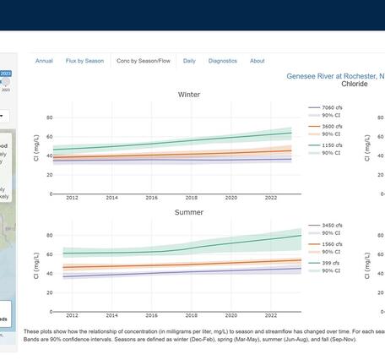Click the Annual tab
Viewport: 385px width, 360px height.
pos(44,61)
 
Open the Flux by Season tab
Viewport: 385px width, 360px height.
pos(84,61)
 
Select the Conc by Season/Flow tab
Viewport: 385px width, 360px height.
pos(143,61)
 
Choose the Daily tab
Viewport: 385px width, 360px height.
pos(189,61)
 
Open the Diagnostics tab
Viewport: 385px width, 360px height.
pos(223,61)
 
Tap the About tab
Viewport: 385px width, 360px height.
pos(258,61)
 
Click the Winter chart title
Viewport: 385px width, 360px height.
pos(189,95)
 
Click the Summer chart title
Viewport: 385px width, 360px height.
pos(189,212)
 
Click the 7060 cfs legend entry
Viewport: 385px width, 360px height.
pos(332,108)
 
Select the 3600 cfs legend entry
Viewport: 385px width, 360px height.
pos(332,127)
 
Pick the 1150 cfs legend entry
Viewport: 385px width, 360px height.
pos(332,145)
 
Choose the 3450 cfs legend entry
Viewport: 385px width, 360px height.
pos(332,226)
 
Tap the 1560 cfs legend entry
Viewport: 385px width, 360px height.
pos(332,244)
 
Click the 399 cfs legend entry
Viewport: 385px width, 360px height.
pos(330,263)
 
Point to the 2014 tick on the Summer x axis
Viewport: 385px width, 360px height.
pos(111,314)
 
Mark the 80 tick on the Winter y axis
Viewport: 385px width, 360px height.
pos(50,117)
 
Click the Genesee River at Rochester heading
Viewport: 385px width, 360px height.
pos(334,76)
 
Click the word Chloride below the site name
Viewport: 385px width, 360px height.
pos(355,85)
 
